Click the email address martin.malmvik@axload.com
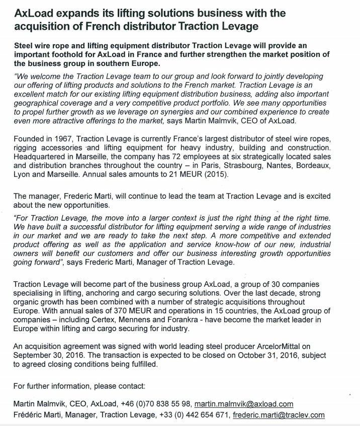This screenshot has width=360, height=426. pos(244,404)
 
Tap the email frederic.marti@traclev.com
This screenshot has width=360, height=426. pos(278,415)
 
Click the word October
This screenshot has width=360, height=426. pos(228,356)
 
